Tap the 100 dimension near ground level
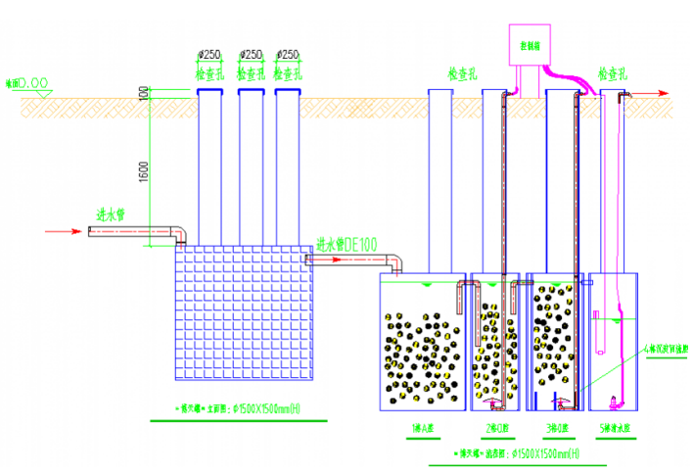[x=144, y=93]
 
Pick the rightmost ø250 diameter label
[x=288, y=55]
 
